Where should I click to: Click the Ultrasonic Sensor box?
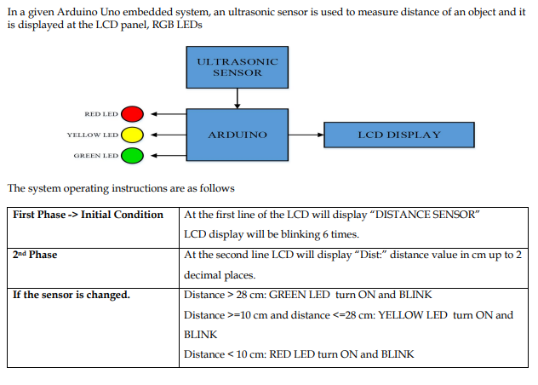[238, 67]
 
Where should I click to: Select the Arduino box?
[238, 135]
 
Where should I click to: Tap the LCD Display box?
[399, 135]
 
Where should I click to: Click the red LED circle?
[132, 114]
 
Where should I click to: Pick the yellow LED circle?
[132, 135]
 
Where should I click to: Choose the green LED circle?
[132, 156]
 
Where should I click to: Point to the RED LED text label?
[101, 114]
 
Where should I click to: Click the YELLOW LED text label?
[93, 135]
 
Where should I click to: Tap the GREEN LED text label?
[95, 156]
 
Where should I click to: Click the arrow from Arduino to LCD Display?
[306, 135]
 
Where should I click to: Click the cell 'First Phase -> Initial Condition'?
[88, 215]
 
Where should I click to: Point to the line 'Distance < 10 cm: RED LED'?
[299, 354]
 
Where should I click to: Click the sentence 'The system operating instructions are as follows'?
[120, 188]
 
